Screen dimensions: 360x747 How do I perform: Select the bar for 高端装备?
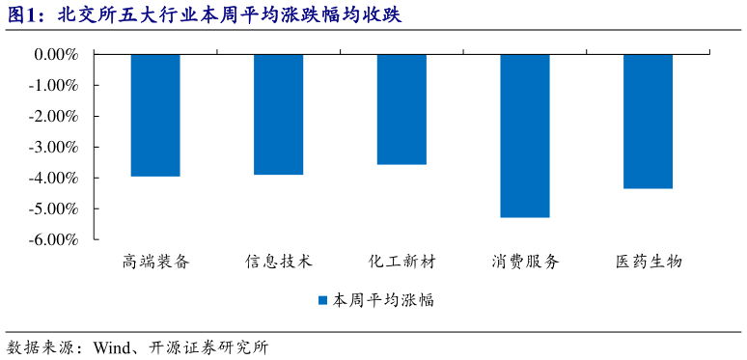tap(155, 115)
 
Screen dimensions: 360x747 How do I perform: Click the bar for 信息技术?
tap(278, 114)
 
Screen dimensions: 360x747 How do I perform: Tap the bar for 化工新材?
tap(401, 109)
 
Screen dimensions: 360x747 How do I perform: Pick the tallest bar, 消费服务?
tap(525, 135)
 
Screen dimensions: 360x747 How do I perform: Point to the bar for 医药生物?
tap(648, 121)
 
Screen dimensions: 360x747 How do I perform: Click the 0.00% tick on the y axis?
tap(56, 55)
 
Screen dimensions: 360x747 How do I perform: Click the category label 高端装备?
tap(155, 262)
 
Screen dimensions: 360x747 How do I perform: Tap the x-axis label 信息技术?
tap(278, 262)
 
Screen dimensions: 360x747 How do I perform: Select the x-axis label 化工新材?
tap(401, 262)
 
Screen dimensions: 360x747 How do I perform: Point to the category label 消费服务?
tap(525, 262)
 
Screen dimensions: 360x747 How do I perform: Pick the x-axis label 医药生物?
tap(648, 262)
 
